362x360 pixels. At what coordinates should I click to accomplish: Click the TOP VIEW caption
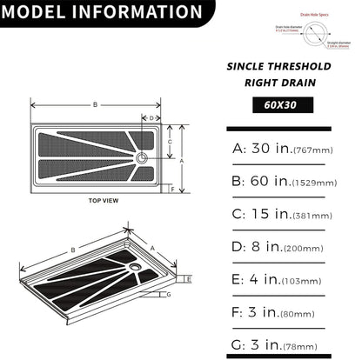tap(104, 201)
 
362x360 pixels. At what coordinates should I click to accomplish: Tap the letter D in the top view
tap(151, 117)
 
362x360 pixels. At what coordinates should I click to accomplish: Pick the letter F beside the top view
tap(173, 189)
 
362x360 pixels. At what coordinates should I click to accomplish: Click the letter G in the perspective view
tap(168, 295)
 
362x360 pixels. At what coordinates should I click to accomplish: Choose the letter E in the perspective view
tap(189, 278)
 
